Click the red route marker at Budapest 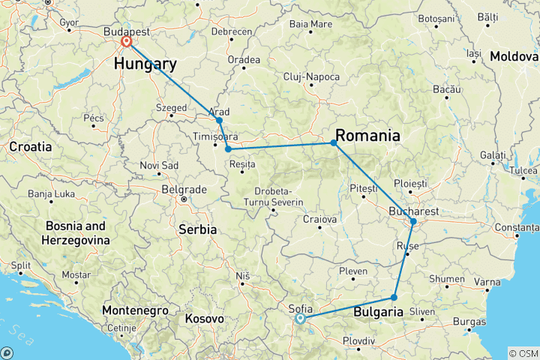(x=126, y=43)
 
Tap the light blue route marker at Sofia (x=300, y=318)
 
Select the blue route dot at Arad (x=219, y=120)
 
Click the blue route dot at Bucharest (x=413, y=221)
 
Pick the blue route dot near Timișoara (x=227, y=149)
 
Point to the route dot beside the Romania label (x=333, y=142)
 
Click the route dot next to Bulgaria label (x=394, y=298)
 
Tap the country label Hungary (x=145, y=64)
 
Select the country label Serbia (x=197, y=229)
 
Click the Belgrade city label (x=184, y=189)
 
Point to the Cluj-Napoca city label (x=311, y=77)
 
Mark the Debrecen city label (x=231, y=31)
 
